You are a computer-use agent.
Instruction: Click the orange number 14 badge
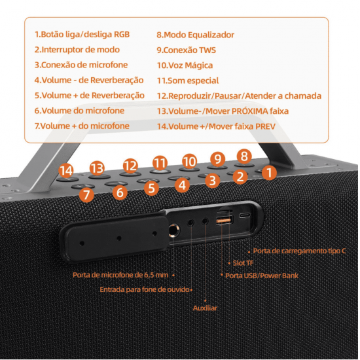65,171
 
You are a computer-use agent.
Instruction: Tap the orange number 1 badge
269,173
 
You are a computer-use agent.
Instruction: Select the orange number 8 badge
244,156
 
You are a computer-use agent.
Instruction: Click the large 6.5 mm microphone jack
175,230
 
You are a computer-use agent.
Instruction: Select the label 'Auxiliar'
205,308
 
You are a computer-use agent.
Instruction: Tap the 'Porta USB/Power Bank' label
262,276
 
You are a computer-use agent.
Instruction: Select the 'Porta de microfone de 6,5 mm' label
121,275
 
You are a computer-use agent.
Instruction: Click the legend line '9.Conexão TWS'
187,50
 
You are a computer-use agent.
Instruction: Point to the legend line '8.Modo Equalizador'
195,35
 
